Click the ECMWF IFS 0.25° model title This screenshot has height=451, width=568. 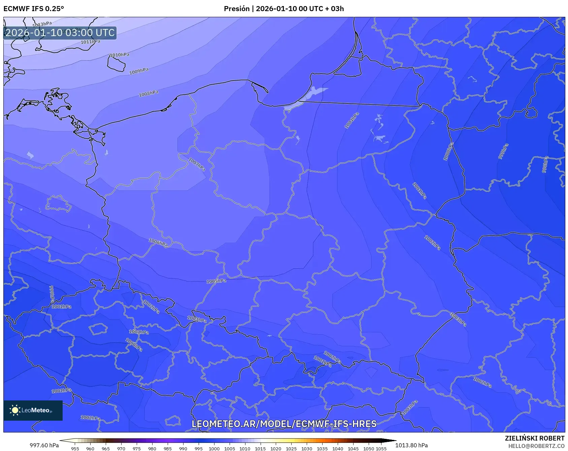click(34, 9)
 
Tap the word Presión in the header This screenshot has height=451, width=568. click(237, 9)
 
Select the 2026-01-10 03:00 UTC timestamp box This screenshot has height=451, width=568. click(60, 33)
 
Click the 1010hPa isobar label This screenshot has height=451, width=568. click(120, 55)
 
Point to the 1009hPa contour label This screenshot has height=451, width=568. click(139, 71)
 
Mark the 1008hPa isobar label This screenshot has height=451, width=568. click(148, 93)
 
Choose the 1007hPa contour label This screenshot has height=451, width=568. click(197, 164)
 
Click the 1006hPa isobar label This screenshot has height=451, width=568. click(158, 242)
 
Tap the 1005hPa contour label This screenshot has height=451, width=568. click(216, 281)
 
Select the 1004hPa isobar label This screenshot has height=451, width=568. click(352, 120)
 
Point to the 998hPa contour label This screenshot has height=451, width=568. click(545, 165)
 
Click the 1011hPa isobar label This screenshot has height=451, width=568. click(91, 42)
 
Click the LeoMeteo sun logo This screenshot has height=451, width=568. click(15, 410)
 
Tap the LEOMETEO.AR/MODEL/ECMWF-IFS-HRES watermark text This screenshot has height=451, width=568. click(284, 424)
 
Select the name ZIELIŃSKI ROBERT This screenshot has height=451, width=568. click(534, 438)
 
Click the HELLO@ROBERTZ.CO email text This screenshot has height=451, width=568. click(536, 446)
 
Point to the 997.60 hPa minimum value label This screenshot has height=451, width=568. click(44, 445)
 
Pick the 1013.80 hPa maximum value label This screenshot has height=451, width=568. click(411, 445)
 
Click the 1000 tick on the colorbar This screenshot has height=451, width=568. click(214, 449)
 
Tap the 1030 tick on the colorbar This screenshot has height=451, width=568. click(307, 449)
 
